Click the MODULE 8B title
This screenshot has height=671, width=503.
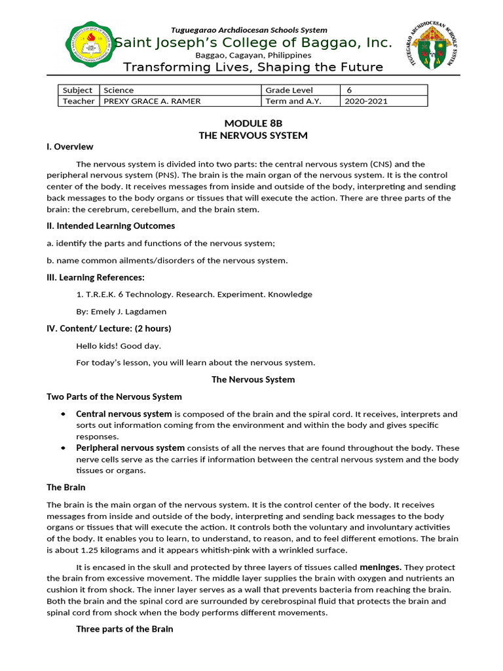[253, 123]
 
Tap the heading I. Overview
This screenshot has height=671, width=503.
[69, 147]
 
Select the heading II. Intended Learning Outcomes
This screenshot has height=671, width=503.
[111, 226]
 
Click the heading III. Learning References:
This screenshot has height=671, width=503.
[96, 277]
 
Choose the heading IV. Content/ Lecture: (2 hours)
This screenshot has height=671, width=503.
[109, 328]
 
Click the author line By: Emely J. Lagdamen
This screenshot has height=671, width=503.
[122, 311]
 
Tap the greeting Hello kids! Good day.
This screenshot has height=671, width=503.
[119, 345]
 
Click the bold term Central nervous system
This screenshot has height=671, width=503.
[124, 414]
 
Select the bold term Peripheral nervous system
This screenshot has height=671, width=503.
[130, 448]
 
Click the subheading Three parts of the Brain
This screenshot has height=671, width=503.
[124, 629]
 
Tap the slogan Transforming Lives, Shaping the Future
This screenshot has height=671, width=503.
[253, 67]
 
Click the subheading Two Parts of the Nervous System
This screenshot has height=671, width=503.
[114, 396]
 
